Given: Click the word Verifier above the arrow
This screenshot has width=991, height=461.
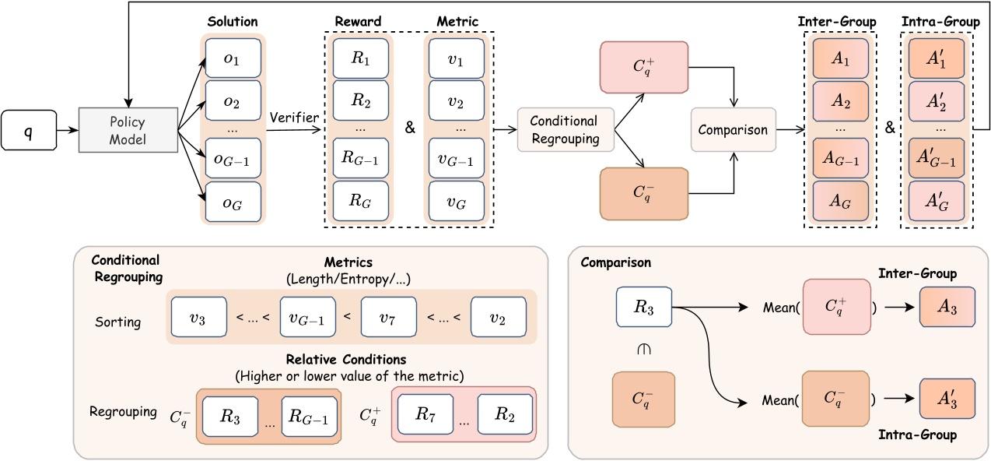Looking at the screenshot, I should pyautogui.click(x=295, y=117).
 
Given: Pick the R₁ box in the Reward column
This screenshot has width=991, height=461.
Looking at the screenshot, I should pyautogui.click(x=359, y=58).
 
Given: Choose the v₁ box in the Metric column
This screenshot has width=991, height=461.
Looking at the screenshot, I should pyautogui.click(x=453, y=58).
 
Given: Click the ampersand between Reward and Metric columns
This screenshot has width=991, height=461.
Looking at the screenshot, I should pyautogui.click(x=410, y=127).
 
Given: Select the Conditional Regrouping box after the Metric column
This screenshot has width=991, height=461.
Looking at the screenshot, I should pyautogui.click(x=564, y=129).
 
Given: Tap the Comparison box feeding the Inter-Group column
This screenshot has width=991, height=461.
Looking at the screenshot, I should pyautogui.click(x=733, y=130).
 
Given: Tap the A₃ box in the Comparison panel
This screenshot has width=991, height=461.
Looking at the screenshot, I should pyautogui.click(x=946, y=308).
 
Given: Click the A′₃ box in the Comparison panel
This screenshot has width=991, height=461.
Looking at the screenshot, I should pyautogui.click(x=946, y=400).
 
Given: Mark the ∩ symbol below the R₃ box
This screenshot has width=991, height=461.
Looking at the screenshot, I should pyautogui.click(x=643, y=350).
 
